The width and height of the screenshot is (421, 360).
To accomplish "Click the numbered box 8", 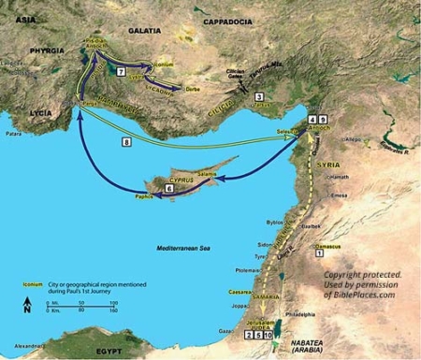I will coord(126,142).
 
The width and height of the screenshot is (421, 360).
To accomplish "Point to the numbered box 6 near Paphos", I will coord(168,189).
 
